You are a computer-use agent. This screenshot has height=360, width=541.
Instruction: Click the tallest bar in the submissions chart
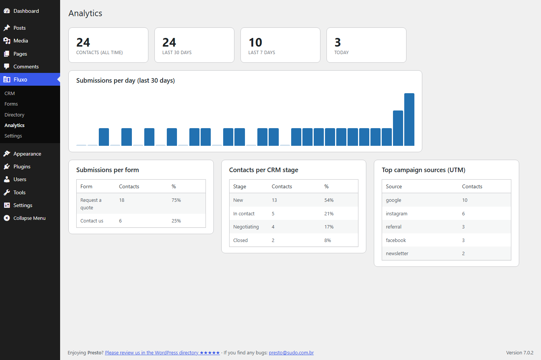coord(409,119)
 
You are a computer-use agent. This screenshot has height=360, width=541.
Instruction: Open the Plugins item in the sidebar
coord(22,166)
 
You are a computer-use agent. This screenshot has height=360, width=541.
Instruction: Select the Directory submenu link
coord(14,115)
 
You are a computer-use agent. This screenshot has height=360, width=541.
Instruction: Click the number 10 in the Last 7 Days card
coord(255,42)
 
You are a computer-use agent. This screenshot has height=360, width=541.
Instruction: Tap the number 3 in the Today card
coord(338,42)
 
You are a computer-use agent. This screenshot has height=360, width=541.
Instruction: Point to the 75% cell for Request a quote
coord(176,200)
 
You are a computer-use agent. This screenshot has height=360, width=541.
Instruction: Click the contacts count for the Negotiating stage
coord(273,227)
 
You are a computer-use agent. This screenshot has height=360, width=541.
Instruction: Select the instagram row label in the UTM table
coord(396,213)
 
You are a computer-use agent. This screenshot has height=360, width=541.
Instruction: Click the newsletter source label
coord(397,253)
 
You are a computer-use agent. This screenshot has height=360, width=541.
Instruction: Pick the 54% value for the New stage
coord(329,200)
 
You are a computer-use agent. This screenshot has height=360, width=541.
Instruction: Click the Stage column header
coord(239,186)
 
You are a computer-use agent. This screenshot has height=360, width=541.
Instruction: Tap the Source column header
coord(394,186)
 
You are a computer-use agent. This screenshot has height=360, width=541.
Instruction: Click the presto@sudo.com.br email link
coord(291,353)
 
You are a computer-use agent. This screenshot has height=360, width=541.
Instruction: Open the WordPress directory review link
coord(162,353)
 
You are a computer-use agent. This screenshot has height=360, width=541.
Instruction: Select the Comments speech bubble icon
coord(7,67)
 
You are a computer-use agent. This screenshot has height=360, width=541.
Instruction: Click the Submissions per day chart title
coord(125,80)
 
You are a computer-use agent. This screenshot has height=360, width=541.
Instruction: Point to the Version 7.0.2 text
coord(520,353)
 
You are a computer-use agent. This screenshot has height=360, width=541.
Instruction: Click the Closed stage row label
coord(240,240)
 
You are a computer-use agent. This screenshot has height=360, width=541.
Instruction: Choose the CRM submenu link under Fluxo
coord(9,93)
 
